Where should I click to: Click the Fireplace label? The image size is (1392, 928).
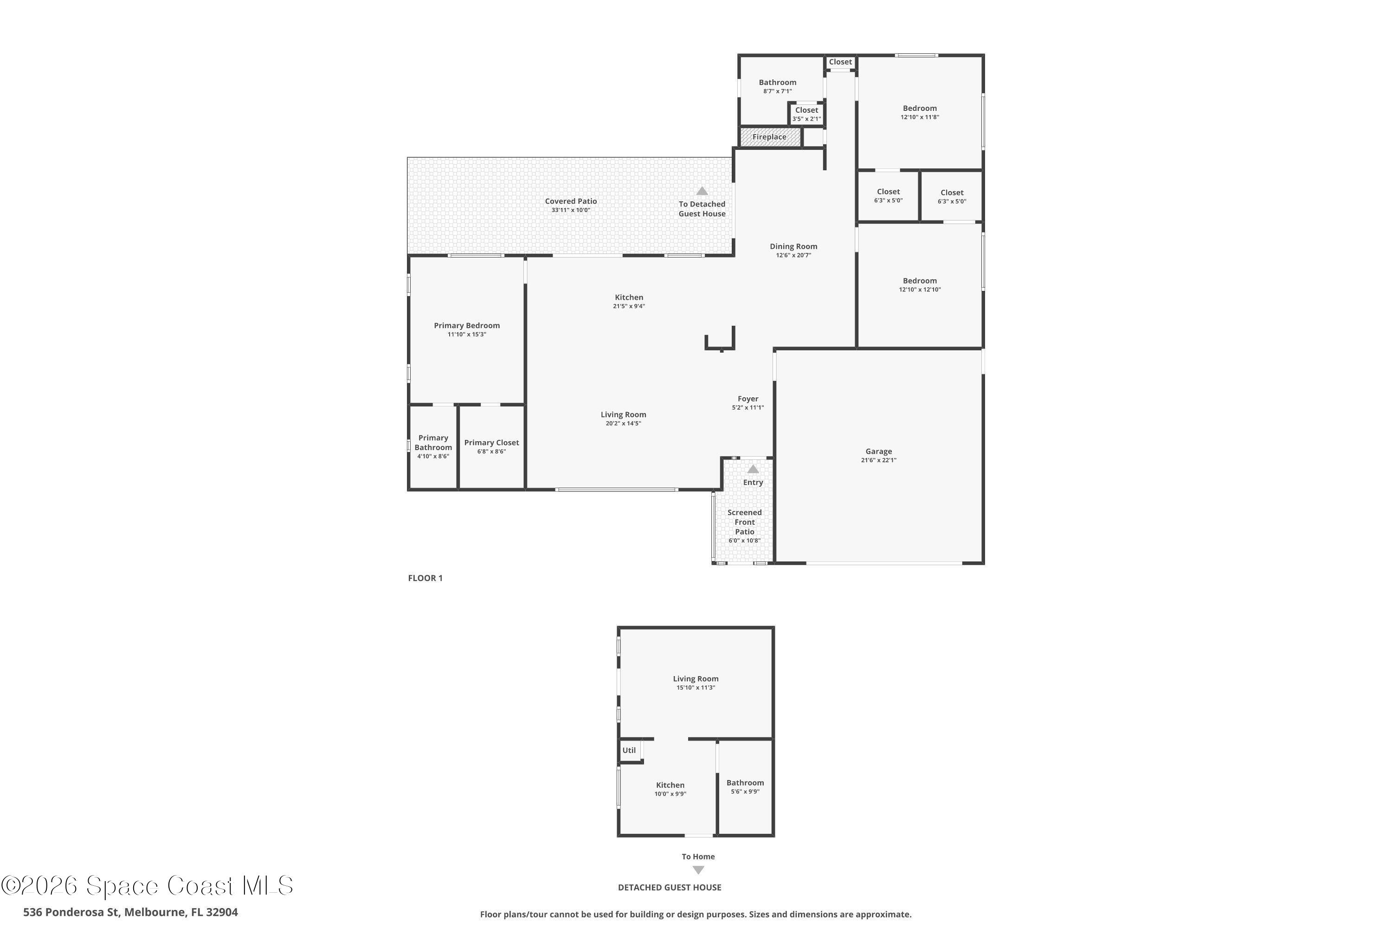(x=769, y=137)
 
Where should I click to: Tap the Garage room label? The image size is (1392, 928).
(x=878, y=451)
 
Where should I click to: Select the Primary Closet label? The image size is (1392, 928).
(x=491, y=442)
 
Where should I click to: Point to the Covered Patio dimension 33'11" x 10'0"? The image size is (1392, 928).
(x=571, y=210)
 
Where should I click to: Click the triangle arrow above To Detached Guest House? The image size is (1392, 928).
(x=702, y=191)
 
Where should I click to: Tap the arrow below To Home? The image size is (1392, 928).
(x=698, y=870)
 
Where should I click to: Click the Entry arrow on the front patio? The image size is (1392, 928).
(x=753, y=469)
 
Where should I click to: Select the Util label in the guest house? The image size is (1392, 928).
(x=629, y=750)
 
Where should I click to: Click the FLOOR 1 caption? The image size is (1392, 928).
(x=425, y=578)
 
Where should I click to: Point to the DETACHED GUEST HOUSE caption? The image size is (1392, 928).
(x=670, y=887)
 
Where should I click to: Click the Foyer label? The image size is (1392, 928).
(x=748, y=398)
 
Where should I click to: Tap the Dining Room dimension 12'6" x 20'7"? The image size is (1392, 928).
(x=793, y=255)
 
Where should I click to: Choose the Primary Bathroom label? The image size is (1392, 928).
(x=433, y=442)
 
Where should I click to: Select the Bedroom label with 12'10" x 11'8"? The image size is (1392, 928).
(x=920, y=108)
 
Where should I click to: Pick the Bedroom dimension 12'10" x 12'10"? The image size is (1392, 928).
(x=920, y=290)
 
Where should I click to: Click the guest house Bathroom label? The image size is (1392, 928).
(x=745, y=782)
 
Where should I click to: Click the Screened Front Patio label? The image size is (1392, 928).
(x=745, y=522)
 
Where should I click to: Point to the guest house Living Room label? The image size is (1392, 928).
(x=696, y=679)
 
